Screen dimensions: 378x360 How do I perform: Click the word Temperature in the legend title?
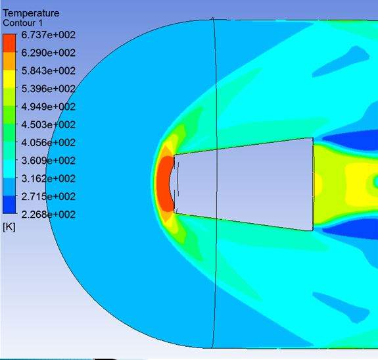pyautogui.click(x=31, y=13)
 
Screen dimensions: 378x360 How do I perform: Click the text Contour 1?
pyautogui.click(x=22, y=23)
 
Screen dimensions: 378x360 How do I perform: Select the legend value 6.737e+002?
pyautogui.click(x=48, y=35)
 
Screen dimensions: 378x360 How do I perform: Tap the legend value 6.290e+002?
pyautogui.click(x=48, y=53)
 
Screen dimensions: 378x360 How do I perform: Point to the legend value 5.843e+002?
pyautogui.click(x=48, y=70)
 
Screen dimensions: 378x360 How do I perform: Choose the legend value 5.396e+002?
pyautogui.click(x=48, y=89)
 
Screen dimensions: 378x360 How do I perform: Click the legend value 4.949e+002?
pyautogui.click(x=48, y=107)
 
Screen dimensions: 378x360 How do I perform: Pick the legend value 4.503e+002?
pyautogui.click(x=48, y=125)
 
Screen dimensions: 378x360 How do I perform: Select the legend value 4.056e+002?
pyautogui.click(x=48, y=143)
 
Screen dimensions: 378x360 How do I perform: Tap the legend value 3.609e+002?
pyautogui.click(x=48, y=161)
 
